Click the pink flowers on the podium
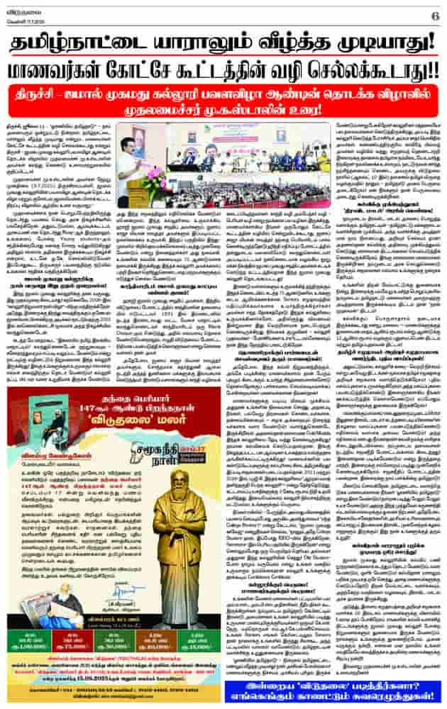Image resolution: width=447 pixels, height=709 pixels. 152,178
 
